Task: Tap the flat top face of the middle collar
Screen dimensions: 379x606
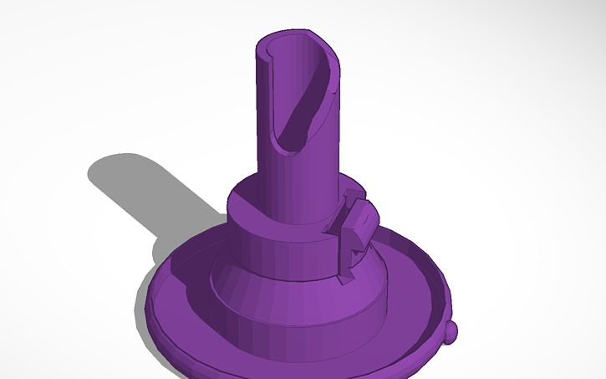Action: pyautogui.click(x=251, y=201)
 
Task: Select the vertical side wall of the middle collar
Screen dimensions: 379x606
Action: pyautogui.click(x=284, y=251)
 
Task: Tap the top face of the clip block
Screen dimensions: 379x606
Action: pyautogui.click(x=358, y=210)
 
